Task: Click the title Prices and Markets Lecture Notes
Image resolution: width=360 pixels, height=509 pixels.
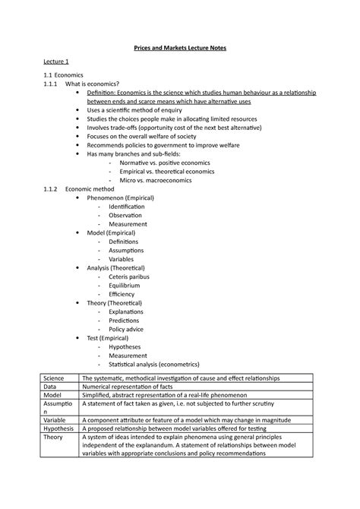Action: coord(180,49)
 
